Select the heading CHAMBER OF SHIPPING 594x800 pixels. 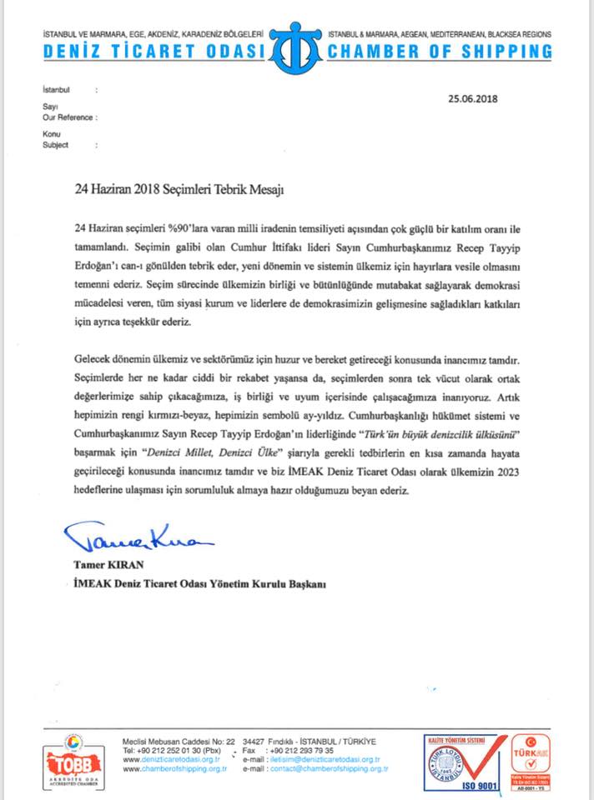click(x=440, y=52)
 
